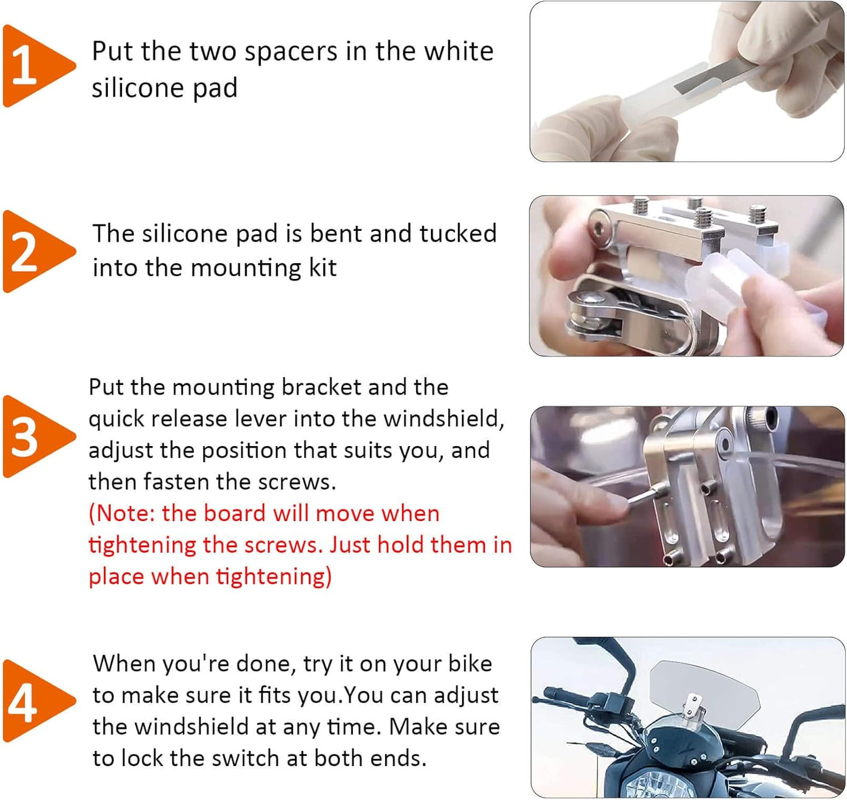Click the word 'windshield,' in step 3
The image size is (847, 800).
[x=444, y=418]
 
